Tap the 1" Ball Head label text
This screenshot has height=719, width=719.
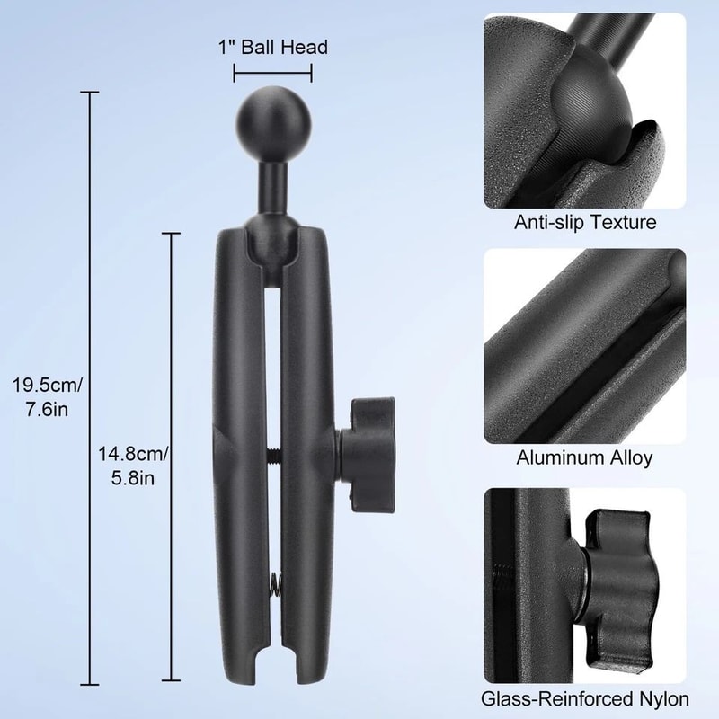point(272,48)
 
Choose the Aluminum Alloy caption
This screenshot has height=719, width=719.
point(584,458)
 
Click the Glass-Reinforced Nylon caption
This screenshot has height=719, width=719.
point(584,698)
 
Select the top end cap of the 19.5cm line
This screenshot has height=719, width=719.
point(88,92)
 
